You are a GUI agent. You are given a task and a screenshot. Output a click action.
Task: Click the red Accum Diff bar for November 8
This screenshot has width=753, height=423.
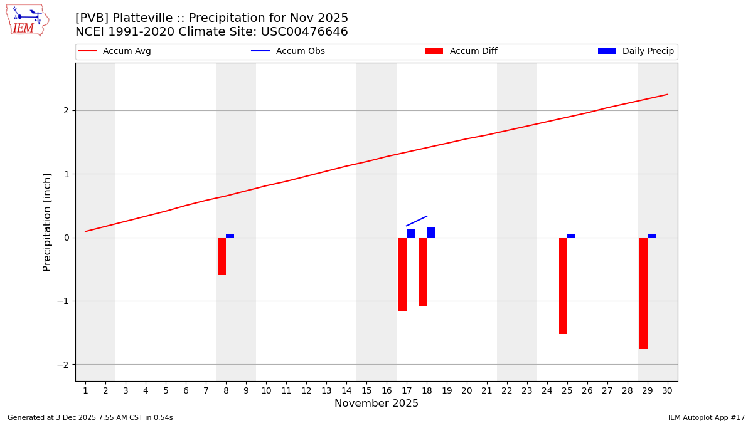click(x=222, y=256)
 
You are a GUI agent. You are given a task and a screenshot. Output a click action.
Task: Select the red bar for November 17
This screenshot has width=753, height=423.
click(x=402, y=274)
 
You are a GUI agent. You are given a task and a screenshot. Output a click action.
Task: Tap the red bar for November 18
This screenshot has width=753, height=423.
click(x=422, y=271)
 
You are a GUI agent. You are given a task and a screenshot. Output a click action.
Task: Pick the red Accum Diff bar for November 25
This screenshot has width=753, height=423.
click(x=563, y=286)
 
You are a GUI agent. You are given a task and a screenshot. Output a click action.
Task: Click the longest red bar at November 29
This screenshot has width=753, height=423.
click(x=643, y=293)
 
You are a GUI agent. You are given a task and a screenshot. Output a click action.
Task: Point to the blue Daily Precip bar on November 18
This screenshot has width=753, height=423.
click(x=430, y=232)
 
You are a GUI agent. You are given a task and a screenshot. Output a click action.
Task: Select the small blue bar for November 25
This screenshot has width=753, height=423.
click(x=571, y=236)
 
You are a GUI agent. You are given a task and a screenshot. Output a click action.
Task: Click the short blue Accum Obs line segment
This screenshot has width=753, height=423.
click(x=417, y=221)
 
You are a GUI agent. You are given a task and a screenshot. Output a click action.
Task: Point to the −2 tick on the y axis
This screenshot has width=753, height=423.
click(x=65, y=365)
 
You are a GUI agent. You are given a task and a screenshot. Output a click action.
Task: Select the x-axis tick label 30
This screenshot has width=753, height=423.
click(x=667, y=391)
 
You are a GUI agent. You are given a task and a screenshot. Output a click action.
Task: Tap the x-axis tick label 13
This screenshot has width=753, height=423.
click(x=326, y=391)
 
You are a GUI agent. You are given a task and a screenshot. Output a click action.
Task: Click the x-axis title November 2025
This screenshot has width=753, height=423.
click(x=376, y=404)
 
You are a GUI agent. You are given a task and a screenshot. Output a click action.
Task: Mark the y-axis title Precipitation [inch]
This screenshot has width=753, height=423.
click(x=47, y=222)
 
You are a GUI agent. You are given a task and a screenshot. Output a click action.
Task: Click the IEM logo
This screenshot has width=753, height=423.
click(x=27, y=20)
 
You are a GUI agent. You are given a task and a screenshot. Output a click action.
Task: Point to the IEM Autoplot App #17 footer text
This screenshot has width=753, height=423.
click(x=707, y=417)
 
